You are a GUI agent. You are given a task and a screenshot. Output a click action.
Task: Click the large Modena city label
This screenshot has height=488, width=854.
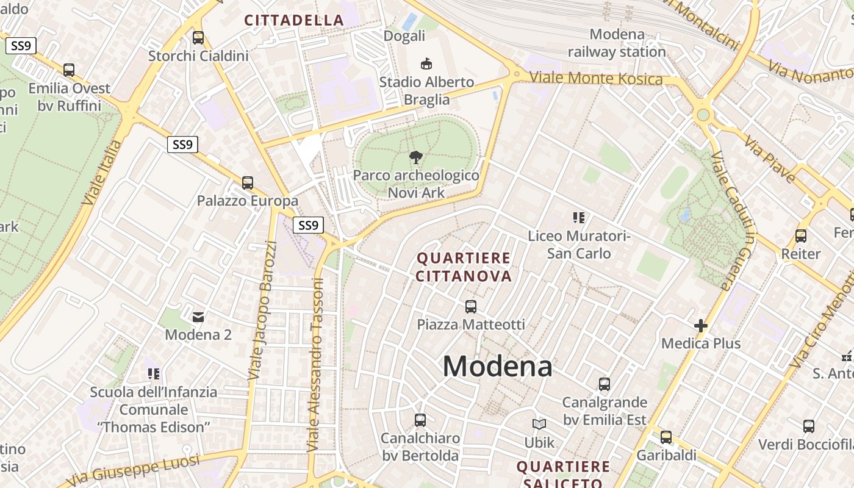(x=497, y=366)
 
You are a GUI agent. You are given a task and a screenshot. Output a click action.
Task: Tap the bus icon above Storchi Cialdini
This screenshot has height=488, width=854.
(x=198, y=38)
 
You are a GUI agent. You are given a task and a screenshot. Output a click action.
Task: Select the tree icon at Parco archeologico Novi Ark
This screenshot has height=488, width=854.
(x=416, y=157)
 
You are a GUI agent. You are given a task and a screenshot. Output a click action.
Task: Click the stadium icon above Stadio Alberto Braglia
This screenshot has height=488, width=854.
(x=426, y=63)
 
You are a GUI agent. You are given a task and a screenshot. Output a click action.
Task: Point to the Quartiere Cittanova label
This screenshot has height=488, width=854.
(x=464, y=267)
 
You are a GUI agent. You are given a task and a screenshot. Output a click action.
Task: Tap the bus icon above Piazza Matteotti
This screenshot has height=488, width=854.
(x=470, y=306)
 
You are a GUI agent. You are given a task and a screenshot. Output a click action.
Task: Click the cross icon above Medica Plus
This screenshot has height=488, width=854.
(x=701, y=326)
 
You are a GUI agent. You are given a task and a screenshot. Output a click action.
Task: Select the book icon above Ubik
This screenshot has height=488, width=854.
(x=539, y=424)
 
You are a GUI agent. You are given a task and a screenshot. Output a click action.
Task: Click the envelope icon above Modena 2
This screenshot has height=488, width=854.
(x=198, y=317)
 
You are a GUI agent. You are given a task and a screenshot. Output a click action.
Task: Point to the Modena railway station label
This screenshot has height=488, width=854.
(x=617, y=43)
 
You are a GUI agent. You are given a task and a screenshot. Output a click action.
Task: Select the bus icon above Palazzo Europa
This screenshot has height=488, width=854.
(x=247, y=182)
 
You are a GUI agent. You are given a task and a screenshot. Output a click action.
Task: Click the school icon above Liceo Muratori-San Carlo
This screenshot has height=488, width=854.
(x=579, y=217)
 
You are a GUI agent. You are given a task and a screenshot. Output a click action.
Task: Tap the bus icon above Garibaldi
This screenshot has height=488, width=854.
(x=666, y=437)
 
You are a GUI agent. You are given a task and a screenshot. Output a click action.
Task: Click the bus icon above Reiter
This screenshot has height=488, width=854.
(x=801, y=235)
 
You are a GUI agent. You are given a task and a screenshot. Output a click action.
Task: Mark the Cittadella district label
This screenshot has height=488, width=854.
(x=295, y=20)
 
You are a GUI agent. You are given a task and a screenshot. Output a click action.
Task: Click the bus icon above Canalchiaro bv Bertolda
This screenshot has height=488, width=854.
(x=420, y=420)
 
